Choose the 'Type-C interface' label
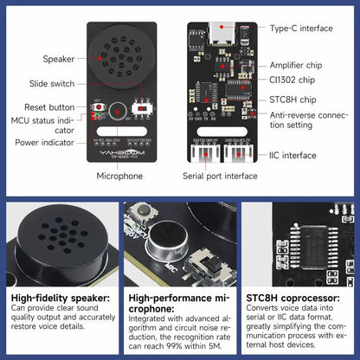click(301, 29)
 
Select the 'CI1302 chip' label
click(292, 80)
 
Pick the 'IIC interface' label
click(296, 156)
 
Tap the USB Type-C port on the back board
click(219, 32)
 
